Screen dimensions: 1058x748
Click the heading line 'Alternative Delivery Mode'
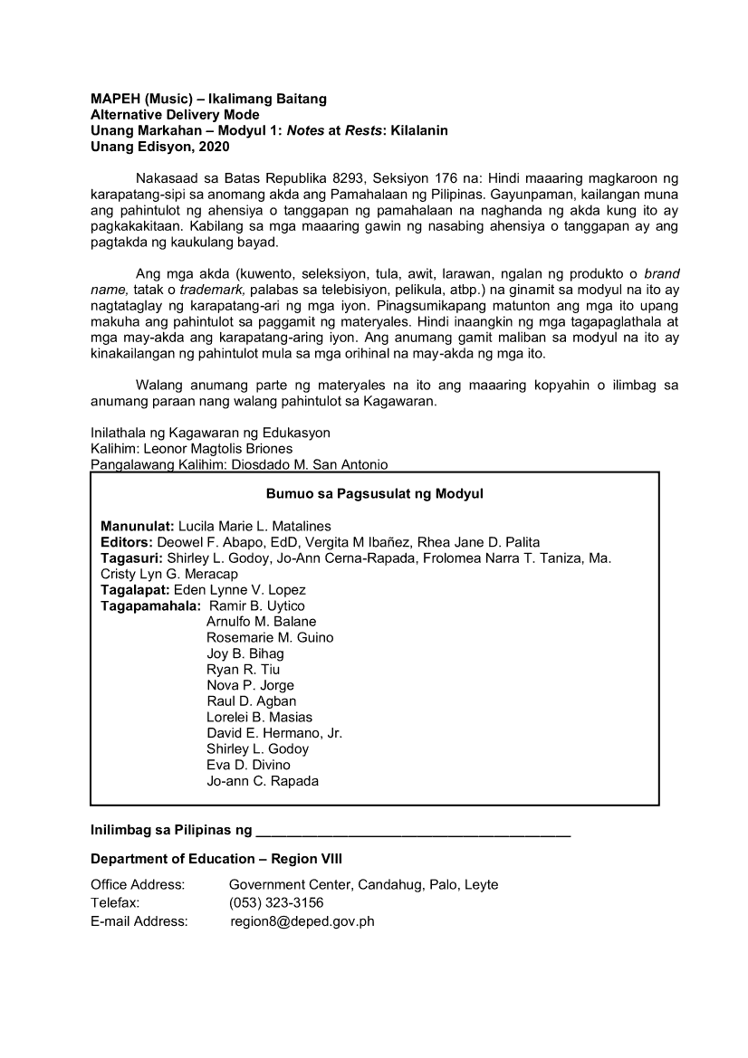pyautogui.click(x=175, y=115)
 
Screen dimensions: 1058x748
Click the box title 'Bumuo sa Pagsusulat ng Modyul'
pyautogui.click(x=375, y=494)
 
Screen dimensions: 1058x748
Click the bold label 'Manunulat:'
pyautogui.click(x=138, y=526)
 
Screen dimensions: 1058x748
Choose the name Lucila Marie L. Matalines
pyautogui.click(x=254, y=526)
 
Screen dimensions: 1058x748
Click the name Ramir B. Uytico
pyautogui.click(x=257, y=605)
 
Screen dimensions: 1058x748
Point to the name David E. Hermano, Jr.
pyautogui.click(x=274, y=733)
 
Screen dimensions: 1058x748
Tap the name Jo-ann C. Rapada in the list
pyautogui.click(x=263, y=781)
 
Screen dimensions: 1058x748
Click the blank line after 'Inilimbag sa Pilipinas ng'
pyautogui.click(x=413, y=830)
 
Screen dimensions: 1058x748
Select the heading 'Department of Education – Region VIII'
pyautogui.click(x=216, y=859)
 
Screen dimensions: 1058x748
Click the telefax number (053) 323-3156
pyautogui.click(x=276, y=903)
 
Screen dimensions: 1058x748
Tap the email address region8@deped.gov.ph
pyautogui.click(x=302, y=921)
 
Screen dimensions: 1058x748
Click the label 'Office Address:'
pyautogui.click(x=138, y=884)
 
